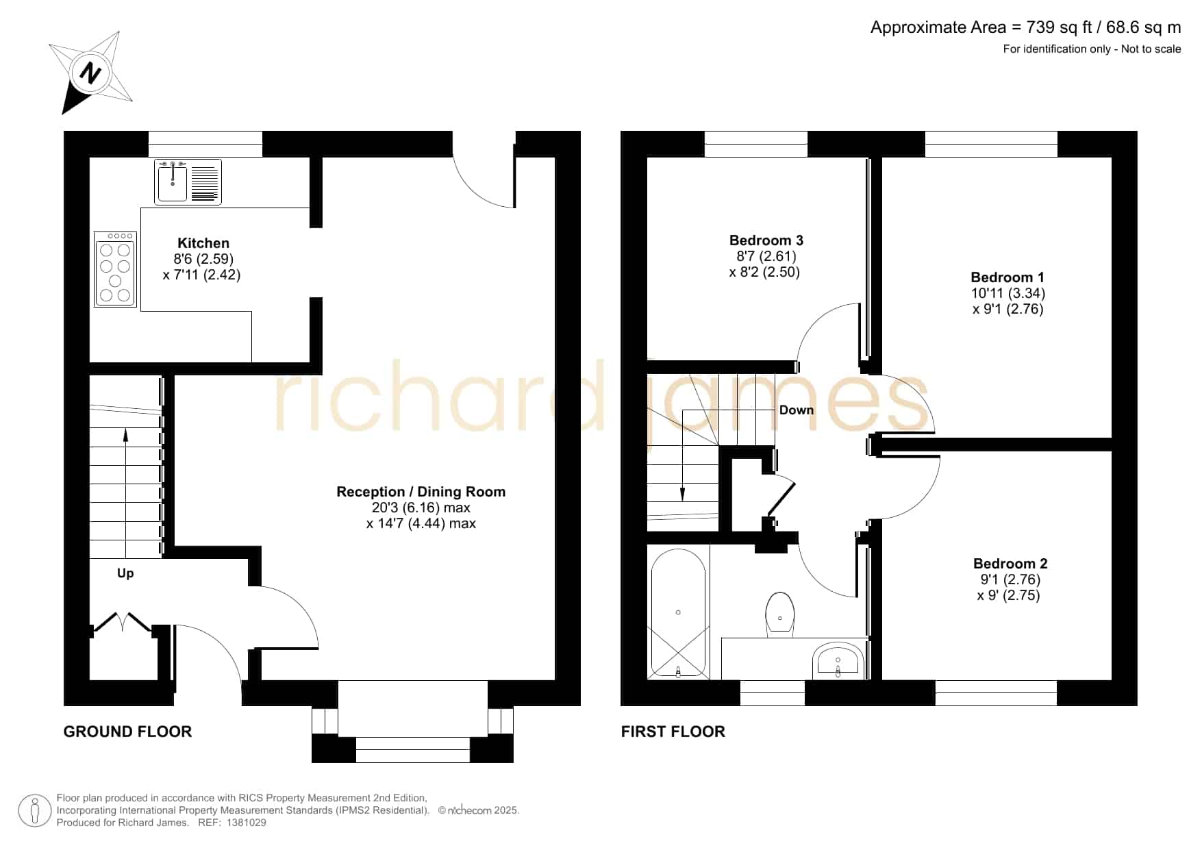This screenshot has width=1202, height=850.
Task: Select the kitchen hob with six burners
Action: coord(115,269)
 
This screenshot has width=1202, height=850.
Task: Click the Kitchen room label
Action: coord(203,243)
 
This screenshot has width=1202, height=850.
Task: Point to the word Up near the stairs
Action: coord(125,573)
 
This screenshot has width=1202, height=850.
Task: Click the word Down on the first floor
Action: coord(797,410)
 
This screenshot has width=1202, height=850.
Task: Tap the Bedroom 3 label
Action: coord(766,240)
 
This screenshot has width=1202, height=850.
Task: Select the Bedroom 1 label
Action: coord(1007,277)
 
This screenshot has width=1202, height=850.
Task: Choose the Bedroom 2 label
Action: coord(1010,564)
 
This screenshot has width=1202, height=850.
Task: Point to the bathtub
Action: coord(678,612)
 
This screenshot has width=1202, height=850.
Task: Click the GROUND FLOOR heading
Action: coord(127,732)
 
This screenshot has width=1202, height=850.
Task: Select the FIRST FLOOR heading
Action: coord(673,732)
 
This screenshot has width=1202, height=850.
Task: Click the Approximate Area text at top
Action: coord(1025,27)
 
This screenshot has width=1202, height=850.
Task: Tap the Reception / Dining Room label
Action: coord(421,492)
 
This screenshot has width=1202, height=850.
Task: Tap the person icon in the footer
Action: coord(35,811)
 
